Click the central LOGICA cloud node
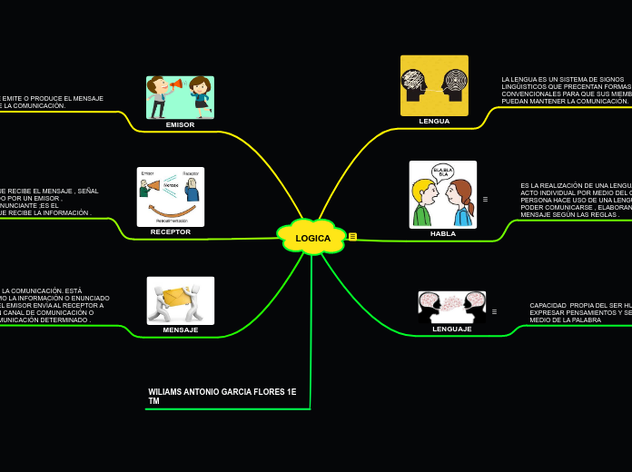[x=312, y=238]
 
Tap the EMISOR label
[x=180, y=124]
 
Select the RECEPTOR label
[x=171, y=231]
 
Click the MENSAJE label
[x=181, y=329]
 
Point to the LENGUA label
[x=434, y=121]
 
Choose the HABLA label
[x=443, y=233]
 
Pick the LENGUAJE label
[x=452, y=329]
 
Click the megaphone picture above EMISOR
[x=180, y=97]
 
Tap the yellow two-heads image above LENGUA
[x=434, y=85]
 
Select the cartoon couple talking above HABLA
[x=443, y=194]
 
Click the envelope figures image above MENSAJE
[x=181, y=300]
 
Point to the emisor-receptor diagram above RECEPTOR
[x=171, y=196]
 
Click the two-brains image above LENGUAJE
[x=452, y=306]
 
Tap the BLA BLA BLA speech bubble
[x=442, y=172]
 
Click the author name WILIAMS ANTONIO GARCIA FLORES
[x=222, y=396]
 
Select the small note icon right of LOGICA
[x=352, y=236]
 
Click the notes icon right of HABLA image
[x=485, y=199]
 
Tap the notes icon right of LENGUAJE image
[x=494, y=311]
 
